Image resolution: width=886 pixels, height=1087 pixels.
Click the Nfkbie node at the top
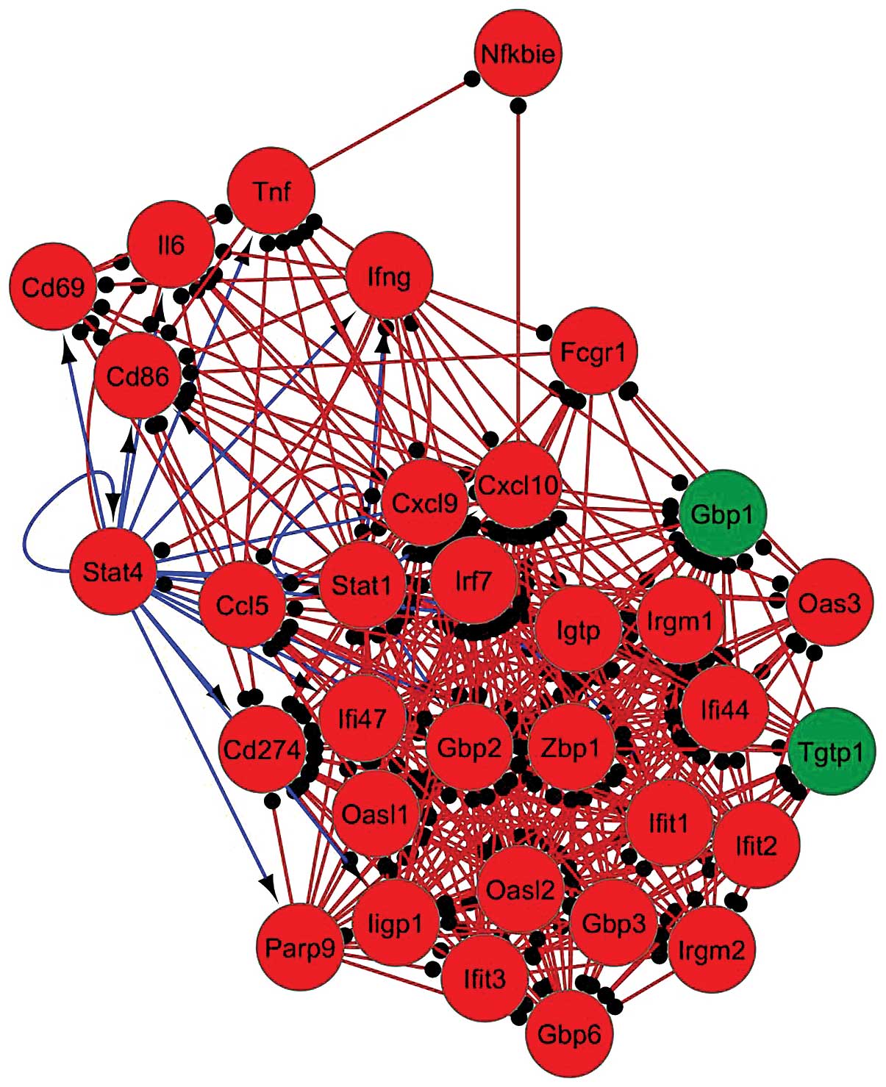coord(518,53)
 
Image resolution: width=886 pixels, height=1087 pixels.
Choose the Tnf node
coord(271,191)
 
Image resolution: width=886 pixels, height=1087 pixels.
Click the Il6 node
coord(171,245)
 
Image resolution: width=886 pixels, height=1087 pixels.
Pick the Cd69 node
coord(53,286)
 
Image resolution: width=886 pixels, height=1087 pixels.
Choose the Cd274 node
coord(262,750)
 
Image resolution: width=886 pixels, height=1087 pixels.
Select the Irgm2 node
coord(712,950)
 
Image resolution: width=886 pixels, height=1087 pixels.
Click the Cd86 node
coord(138,377)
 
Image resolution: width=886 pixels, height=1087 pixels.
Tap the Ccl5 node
coord(243,605)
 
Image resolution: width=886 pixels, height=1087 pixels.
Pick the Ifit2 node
coord(757,845)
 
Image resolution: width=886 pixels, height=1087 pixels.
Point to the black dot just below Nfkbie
coord(518,105)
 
